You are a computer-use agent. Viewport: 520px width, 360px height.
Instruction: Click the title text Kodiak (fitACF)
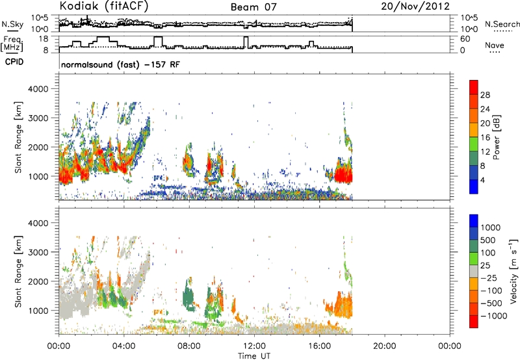click(x=104, y=6)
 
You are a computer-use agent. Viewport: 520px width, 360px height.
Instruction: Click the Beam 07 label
click(x=253, y=7)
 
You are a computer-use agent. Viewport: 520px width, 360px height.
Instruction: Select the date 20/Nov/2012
click(x=415, y=6)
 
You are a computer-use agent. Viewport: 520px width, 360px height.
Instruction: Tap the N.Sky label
click(x=12, y=24)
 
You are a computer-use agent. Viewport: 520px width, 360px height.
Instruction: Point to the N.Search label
click(x=502, y=24)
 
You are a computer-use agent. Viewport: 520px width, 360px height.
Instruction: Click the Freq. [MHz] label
click(x=12, y=44)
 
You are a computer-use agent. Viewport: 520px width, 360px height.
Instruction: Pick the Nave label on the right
click(x=495, y=45)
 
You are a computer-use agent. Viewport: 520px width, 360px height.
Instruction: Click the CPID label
click(x=14, y=62)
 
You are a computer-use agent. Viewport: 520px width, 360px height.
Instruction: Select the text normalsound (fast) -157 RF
click(x=120, y=64)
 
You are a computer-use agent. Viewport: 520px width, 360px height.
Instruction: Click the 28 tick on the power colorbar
click(x=485, y=95)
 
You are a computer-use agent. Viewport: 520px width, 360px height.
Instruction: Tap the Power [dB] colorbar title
click(x=496, y=137)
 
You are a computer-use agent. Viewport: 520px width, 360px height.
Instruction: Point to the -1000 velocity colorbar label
click(x=494, y=316)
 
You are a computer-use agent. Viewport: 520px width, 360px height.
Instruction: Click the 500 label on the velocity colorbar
click(x=488, y=240)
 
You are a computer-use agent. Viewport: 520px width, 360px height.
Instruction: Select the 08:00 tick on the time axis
click(x=189, y=346)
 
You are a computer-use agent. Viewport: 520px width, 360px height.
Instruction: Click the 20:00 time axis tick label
click(x=384, y=346)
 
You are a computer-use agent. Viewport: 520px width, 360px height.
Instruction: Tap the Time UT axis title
click(x=254, y=355)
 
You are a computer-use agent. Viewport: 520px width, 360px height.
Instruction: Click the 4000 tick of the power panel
click(x=38, y=89)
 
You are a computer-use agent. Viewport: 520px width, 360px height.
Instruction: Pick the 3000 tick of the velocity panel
click(x=38, y=252)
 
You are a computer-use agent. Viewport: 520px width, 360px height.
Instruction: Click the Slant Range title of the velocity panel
click(x=18, y=272)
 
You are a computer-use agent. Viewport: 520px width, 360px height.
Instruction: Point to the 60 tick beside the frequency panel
click(x=465, y=39)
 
